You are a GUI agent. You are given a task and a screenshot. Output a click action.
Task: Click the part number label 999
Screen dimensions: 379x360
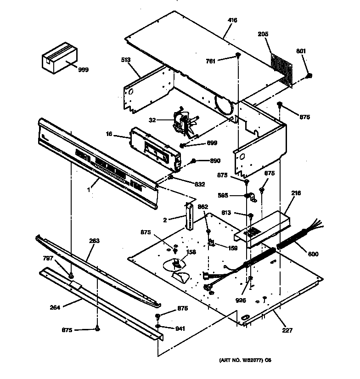pos(83,70)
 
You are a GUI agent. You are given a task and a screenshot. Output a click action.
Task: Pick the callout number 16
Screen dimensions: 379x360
pos(109,134)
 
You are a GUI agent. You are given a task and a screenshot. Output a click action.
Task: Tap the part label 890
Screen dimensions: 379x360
pos(215,161)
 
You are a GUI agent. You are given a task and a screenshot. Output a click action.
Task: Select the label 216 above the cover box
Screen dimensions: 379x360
pos(296,193)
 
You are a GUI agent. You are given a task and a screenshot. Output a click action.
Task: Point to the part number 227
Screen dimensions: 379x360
pos(288,330)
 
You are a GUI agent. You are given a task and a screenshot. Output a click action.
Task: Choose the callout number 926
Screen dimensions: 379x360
pos(241,300)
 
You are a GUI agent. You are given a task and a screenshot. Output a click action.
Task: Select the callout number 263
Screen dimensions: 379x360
pos(94,241)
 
